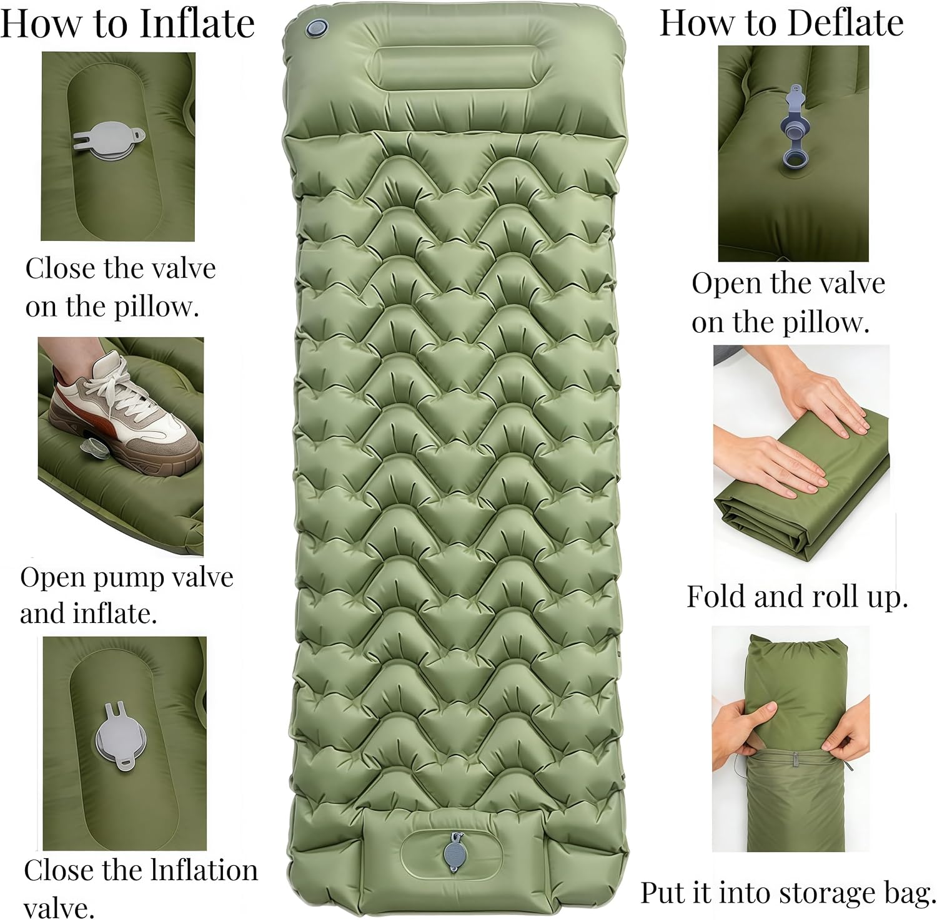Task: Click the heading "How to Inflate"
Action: [x=127, y=23]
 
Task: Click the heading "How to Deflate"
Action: [x=781, y=23]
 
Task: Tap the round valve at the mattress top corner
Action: [x=316, y=27]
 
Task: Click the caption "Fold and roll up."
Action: [x=797, y=597]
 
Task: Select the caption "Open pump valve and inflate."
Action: [x=127, y=595]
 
